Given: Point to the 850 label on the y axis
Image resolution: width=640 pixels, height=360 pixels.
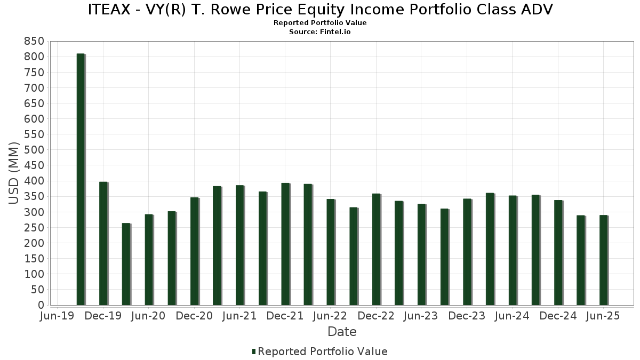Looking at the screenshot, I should [34, 42].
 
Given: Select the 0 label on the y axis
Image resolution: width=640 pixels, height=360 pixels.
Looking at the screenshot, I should [41, 305].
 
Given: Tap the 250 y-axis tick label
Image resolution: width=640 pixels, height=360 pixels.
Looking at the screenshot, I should [34, 228].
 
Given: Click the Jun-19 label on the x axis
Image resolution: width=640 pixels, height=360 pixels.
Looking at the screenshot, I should [58, 316].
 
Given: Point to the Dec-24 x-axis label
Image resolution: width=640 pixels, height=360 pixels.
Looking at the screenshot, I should [558, 316].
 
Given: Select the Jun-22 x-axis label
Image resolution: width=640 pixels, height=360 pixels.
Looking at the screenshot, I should [331, 316].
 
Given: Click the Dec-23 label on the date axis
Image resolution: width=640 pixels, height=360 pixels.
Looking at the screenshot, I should [467, 316].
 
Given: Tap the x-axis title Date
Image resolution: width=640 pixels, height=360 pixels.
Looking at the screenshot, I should [342, 332].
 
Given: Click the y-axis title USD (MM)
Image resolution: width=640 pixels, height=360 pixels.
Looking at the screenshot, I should [14, 173].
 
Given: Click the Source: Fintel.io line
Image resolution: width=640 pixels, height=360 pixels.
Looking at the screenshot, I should [320, 31].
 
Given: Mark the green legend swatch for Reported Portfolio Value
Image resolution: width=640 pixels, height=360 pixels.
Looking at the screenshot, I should [254, 351].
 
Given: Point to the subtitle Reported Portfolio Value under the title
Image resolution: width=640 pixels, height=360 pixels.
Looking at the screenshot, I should [320, 23].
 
